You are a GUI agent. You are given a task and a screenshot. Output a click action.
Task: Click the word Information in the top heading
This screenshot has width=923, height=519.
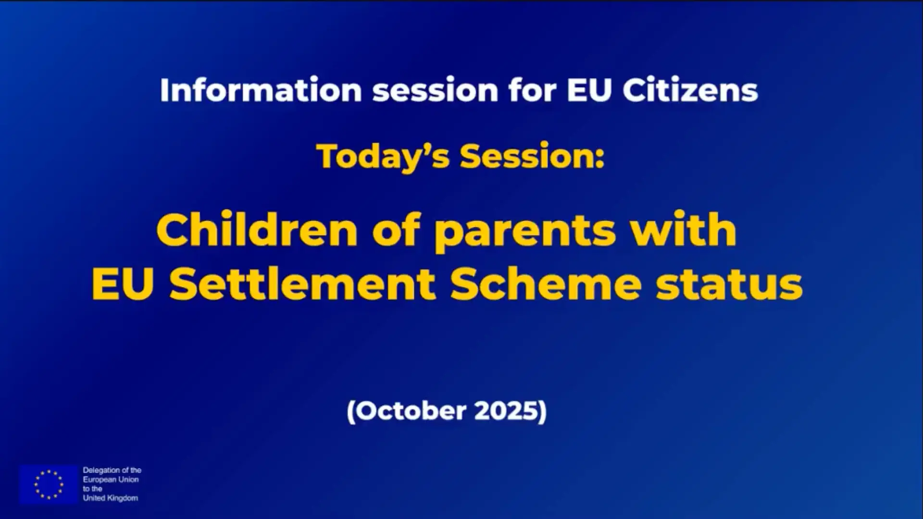[x=261, y=90]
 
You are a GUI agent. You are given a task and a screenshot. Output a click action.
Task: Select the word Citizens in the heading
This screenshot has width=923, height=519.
[x=690, y=90]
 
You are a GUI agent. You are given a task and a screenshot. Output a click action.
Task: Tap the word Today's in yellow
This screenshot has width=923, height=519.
[x=383, y=157]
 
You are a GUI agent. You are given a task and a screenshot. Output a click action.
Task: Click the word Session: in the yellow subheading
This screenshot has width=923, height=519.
[x=532, y=157]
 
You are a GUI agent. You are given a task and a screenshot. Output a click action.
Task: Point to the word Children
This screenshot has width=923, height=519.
[x=257, y=229]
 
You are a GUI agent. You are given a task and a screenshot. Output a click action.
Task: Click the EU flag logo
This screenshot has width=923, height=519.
[x=49, y=484]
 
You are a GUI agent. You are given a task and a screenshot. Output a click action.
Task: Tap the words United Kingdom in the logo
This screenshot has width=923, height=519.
[x=111, y=498]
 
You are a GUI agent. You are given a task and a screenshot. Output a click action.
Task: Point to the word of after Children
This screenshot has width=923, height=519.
[x=396, y=229]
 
